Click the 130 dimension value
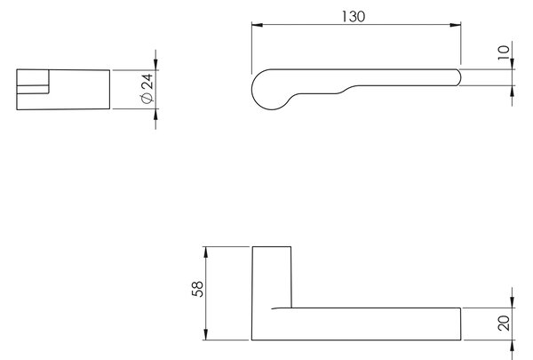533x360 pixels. pyautogui.click(x=354, y=16)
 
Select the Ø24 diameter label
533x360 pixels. pyautogui.click(x=147, y=88)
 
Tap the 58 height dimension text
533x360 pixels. pyautogui.click(x=197, y=289)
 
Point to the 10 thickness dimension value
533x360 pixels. pyautogui.click(x=504, y=52)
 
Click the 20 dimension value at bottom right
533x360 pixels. pyautogui.click(x=504, y=324)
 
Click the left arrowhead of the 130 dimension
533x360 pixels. pyautogui.click(x=258, y=25)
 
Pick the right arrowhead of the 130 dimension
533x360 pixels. pyautogui.click(x=455, y=25)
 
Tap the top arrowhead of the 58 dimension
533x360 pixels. pyautogui.click(x=205, y=252)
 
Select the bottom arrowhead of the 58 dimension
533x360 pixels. pyautogui.click(x=205, y=334)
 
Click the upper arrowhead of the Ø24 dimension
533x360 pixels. pyautogui.click(x=155, y=64)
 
